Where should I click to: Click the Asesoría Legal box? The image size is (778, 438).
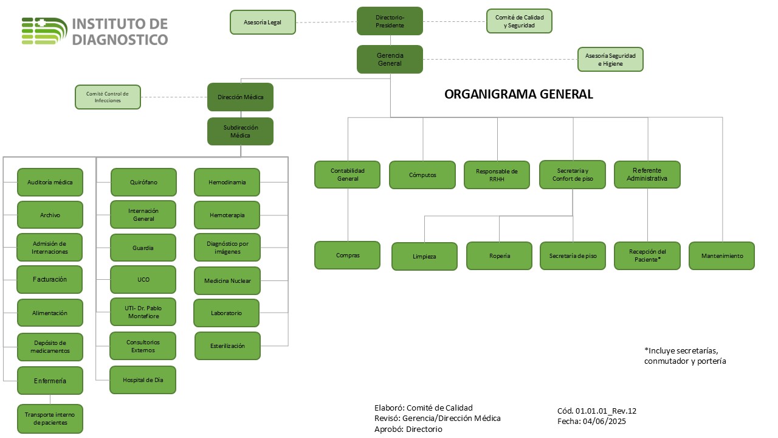coord(263,23)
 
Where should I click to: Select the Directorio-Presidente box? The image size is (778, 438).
coord(390,21)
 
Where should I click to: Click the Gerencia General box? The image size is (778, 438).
coord(390,59)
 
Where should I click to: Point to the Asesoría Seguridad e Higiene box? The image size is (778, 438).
coord(610,60)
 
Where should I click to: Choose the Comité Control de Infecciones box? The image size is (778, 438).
coord(108,97)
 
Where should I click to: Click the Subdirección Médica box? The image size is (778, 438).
coord(240,131)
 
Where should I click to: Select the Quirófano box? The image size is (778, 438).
coord(143,182)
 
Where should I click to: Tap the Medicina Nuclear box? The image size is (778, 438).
coord(227,281)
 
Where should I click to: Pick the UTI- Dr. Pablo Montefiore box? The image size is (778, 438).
coord(143,312)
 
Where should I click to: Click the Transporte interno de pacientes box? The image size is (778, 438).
coord(50,419)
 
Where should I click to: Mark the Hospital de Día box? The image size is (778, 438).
coord(143,380)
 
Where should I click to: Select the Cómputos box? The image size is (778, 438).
coord(422,175)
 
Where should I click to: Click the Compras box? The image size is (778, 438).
coord(347,255)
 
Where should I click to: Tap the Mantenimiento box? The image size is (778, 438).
coord(722,256)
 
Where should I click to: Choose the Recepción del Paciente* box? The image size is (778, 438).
coord(647,256)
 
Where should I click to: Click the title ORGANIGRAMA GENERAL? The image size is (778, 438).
coord(518,94)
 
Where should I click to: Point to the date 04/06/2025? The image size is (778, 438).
coord(604,422)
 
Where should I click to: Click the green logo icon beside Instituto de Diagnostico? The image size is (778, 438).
coord(44,31)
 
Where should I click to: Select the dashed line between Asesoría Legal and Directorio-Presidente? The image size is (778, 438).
coord(326,23)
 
